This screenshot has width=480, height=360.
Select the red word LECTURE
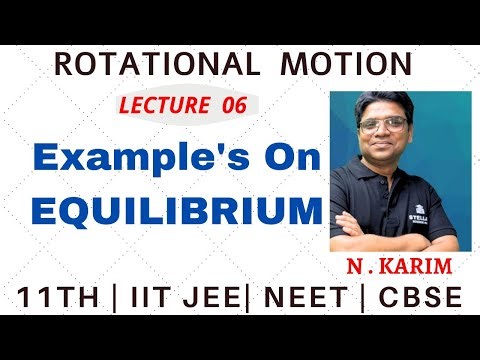click(159, 106)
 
